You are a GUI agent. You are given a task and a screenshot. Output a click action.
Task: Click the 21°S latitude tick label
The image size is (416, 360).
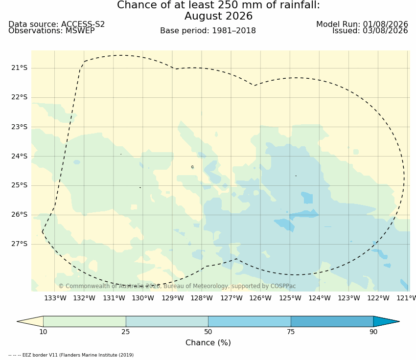pyautogui.click(x=19, y=68)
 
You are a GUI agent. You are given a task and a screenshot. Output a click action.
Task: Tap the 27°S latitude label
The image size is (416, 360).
pyautogui.click(x=19, y=244)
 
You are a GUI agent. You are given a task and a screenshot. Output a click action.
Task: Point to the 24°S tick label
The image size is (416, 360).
pyautogui.click(x=19, y=156)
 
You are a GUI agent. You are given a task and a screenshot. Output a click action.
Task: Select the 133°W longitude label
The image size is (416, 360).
pyautogui.click(x=55, y=298)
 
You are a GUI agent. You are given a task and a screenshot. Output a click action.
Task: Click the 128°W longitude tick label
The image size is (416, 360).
pyautogui.click(x=202, y=298)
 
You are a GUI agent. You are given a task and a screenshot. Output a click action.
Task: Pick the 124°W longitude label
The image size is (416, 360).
pyautogui.click(x=320, y=298)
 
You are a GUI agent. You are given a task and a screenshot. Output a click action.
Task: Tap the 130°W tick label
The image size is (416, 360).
pyautogui.click(x=143, y=298)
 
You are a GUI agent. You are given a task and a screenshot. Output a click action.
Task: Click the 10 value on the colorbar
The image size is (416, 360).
pyautogui.click(x=43, y=332)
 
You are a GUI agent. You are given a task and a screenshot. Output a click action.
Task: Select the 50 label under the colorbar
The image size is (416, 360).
pyautogui.click(x=208, y=332)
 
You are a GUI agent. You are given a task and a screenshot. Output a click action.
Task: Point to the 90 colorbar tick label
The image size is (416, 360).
pyautogui.click(x=373, y=332)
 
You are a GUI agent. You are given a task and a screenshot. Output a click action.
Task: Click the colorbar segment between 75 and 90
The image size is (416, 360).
pyautogui.click(x=332, y=321)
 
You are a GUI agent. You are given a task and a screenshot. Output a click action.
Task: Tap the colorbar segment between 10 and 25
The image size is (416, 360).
pyautogui.click(x=85, y=321)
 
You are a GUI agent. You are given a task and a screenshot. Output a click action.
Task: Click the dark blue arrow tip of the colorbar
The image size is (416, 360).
pyautogui.click(x=399, y=321)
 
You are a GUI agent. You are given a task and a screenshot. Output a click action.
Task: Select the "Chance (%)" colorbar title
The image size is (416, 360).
pyautogui.click(x=208, y=343)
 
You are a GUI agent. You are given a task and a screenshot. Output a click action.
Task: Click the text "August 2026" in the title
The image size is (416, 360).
pyautogui.click(x=219, y=16)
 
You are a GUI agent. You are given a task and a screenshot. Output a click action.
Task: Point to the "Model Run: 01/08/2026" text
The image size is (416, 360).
pyautogui.click(x=362, y=24)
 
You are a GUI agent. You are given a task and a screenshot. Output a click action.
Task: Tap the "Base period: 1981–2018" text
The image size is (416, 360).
pyautogui.click(x=208, y=31)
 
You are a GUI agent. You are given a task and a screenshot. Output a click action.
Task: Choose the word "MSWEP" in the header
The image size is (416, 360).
pyautogui.click(x=80, y=31)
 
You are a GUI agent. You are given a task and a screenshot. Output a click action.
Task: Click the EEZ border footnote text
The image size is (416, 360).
pyautogui.click(x=71, y=355)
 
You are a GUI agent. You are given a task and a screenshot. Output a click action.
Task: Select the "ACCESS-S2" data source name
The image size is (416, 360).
pyautogui.click(x=83, y=24)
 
